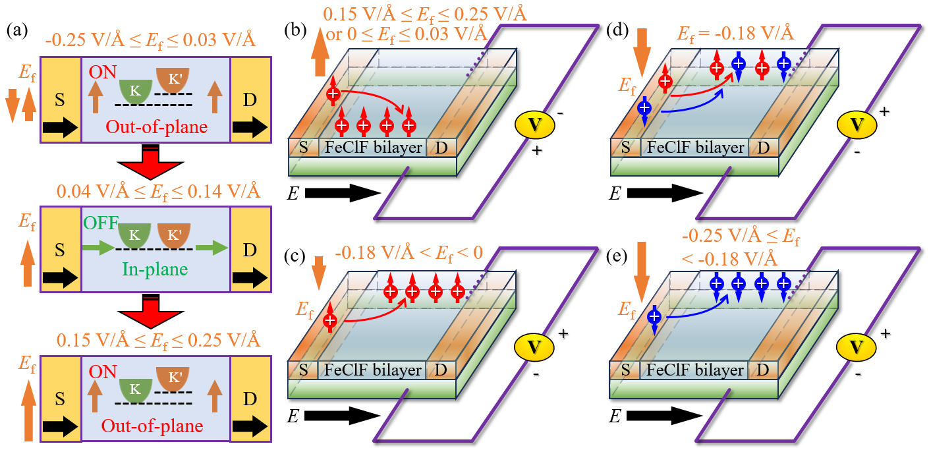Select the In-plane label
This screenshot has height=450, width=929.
pos(155,269)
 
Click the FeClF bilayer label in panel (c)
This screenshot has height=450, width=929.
pos(373,370)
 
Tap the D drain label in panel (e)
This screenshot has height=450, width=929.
pos(763,370)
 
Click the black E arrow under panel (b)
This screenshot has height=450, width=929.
pos(343,193)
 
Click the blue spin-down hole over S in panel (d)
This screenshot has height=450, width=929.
pos(644,108)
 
